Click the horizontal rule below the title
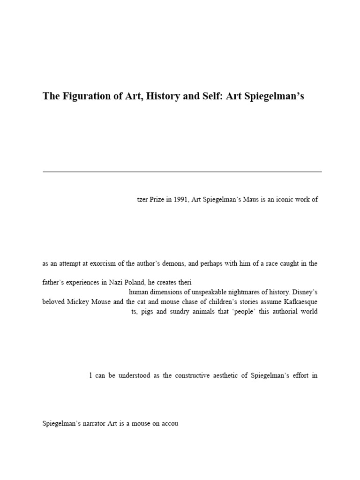[x=182, y=172]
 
